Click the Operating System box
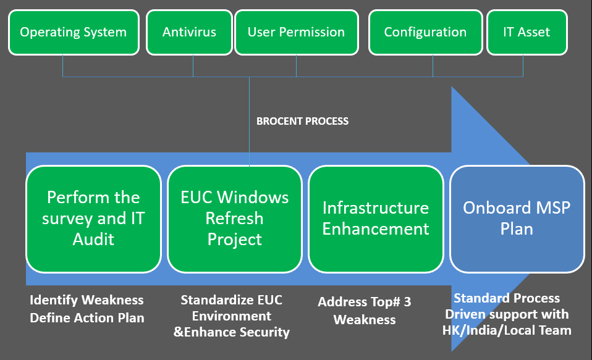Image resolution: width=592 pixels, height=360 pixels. tap(74, 33)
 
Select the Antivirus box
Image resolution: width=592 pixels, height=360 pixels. tap(189, 33)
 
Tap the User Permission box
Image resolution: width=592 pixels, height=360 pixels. tap(297, 33)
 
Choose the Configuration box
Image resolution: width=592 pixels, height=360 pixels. tap(426, 33)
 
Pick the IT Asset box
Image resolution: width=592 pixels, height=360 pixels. tap(527, 33)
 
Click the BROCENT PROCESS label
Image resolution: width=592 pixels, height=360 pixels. tap(302, 121)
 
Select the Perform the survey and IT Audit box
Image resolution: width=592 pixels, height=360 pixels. tap(94, 219)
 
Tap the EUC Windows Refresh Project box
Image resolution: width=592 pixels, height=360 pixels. tap(234, 219)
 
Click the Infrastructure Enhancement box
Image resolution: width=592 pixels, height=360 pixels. tap(376, 219)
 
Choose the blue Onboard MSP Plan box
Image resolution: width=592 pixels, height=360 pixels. tap(517, 219)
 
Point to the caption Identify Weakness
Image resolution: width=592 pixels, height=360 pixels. tap(87, 300)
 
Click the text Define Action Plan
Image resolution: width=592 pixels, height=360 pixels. tap(87, 318)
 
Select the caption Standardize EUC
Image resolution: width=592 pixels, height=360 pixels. tap(232, 300)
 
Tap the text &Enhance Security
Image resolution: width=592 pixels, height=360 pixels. tap(232, 332)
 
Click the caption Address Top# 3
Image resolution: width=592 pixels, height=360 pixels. tap(365, 302)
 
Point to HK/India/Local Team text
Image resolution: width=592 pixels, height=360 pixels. tap(507, 330)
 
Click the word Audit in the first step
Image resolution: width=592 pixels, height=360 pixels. tap(93, 239)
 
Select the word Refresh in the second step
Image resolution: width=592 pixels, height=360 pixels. tap(234, 218)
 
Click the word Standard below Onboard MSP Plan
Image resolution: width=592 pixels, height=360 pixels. tap(481, 298)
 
